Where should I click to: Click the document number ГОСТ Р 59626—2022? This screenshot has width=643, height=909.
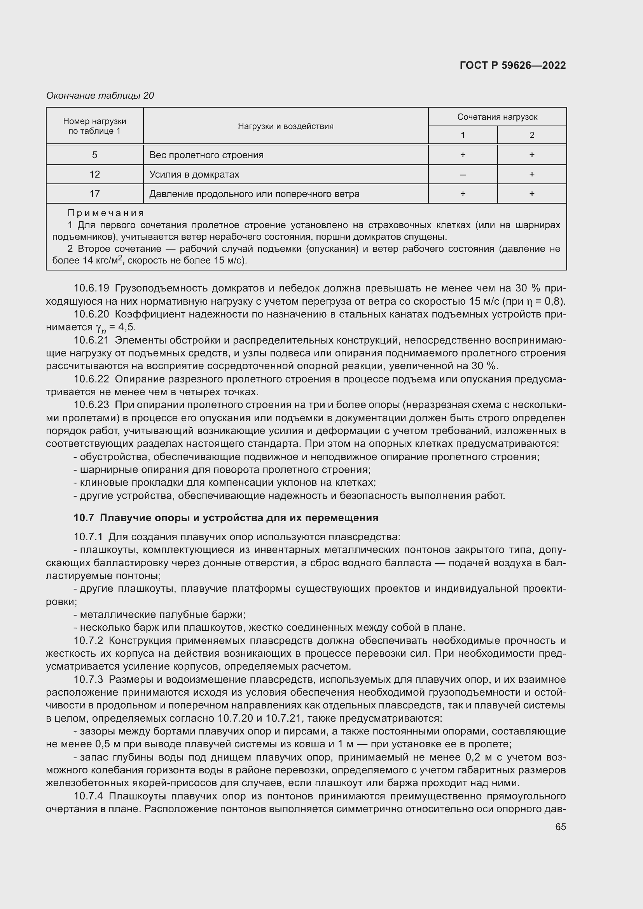[513, 65]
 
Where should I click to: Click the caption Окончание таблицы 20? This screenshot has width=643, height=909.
[100, 96]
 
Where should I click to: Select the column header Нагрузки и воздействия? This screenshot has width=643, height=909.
[285, 126]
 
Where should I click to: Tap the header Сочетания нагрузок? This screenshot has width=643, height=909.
[497, 117]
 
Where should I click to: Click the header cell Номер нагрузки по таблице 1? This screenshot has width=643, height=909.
[94, 126]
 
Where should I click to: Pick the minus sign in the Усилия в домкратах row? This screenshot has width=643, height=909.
[463, 174]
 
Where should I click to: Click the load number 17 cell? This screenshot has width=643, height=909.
[94, 194]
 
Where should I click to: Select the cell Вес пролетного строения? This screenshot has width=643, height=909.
[206, 155]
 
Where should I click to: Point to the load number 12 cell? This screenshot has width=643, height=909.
[94, 174]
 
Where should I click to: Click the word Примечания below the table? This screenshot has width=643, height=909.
[106, 213]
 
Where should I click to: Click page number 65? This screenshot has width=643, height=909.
[560, 827]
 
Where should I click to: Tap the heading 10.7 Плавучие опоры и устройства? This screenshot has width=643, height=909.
[226, 517]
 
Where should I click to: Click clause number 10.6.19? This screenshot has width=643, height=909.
[91, 288]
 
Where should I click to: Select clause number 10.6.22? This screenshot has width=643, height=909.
[91, 379]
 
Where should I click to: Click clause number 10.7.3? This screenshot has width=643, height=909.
[88, 679]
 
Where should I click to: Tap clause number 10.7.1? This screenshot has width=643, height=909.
[88, 537]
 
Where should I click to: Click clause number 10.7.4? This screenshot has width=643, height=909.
[88, 796]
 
